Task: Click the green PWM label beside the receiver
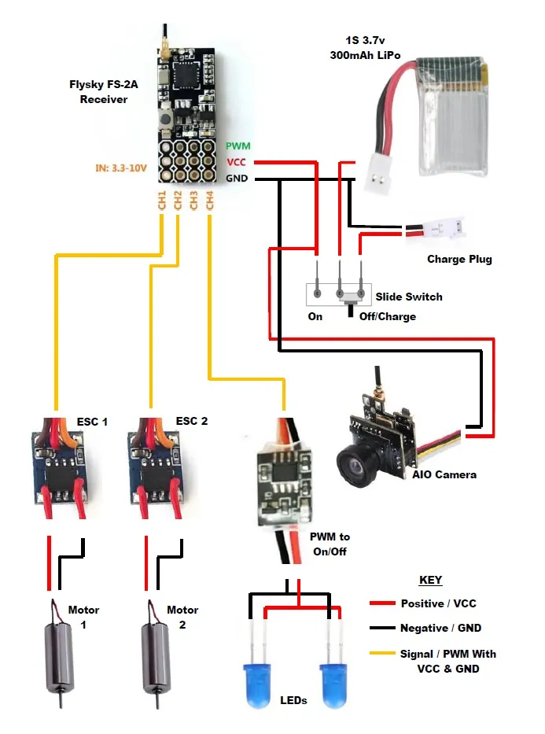coord(238,146)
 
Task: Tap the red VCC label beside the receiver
coord(236,162)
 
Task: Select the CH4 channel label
coord(209,201)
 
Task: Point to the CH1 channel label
coord(162,201)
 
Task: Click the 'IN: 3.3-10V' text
coord(121,168)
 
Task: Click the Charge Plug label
coord(459,260)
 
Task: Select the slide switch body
coord(339,294)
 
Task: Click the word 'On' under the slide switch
coord(315,316)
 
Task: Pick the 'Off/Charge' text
coord(388,316)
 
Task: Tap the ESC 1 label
coord(92,422)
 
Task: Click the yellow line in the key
coord(382,652)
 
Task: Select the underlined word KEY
coord(430,580)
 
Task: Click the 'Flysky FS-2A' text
coord(104,85)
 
